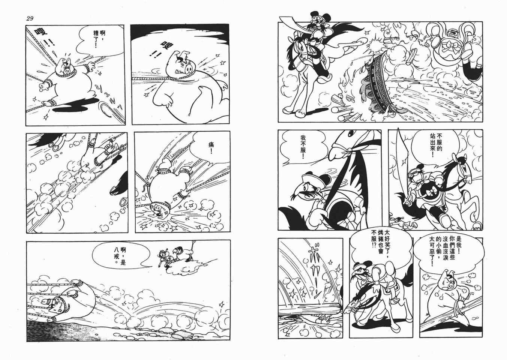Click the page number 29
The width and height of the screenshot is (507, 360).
pyautogui.click(x=30, y=19)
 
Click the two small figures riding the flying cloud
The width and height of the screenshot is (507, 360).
pyautogui.click(x=179, y=254)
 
